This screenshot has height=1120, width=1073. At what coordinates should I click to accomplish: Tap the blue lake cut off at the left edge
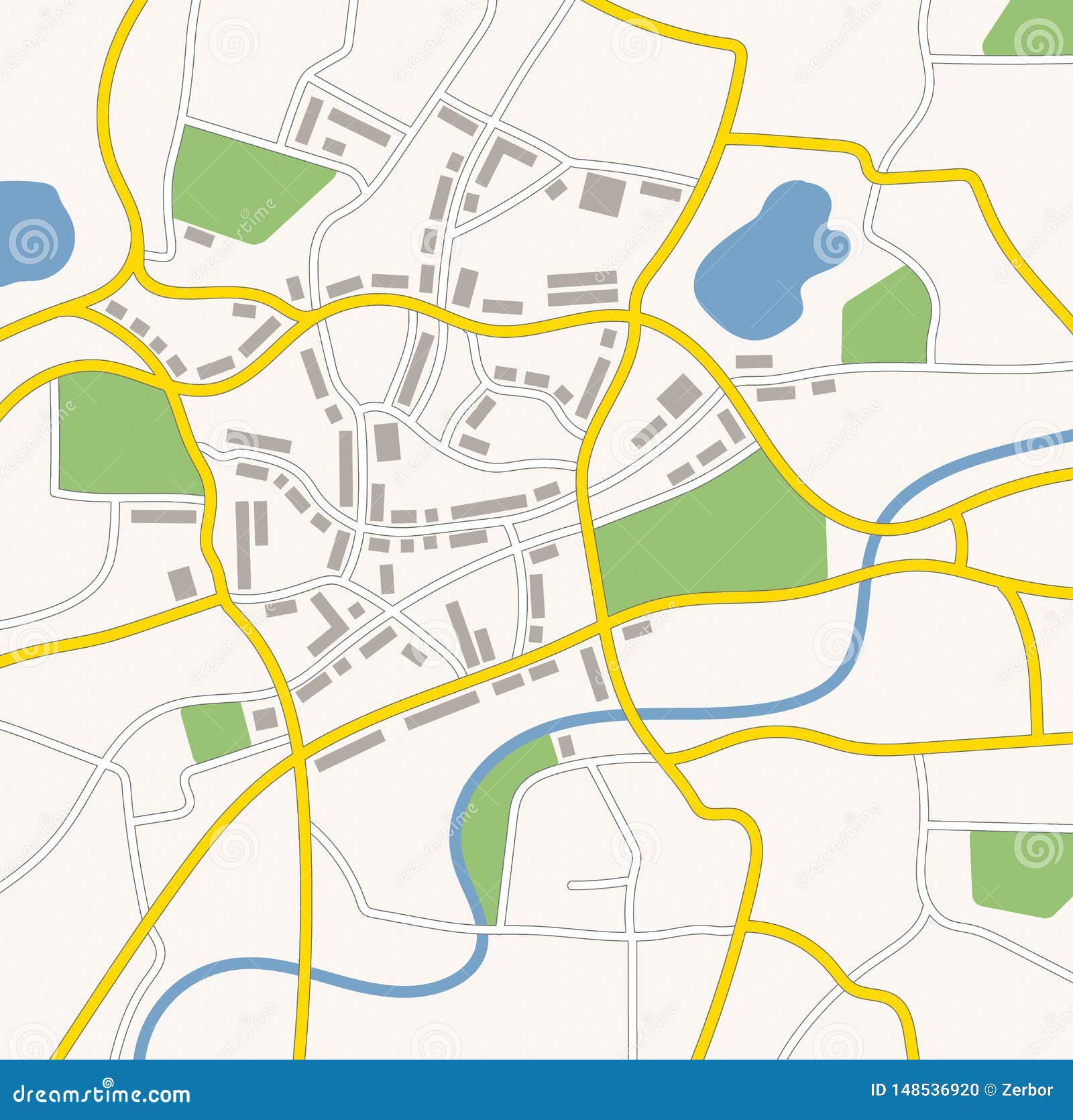[30, 231]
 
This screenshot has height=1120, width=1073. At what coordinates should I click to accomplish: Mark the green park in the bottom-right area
[1019, 872]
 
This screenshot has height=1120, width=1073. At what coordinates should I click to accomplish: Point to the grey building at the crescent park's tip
[567, 746]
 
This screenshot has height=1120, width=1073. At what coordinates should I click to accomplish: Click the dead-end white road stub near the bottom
[600, 885]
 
